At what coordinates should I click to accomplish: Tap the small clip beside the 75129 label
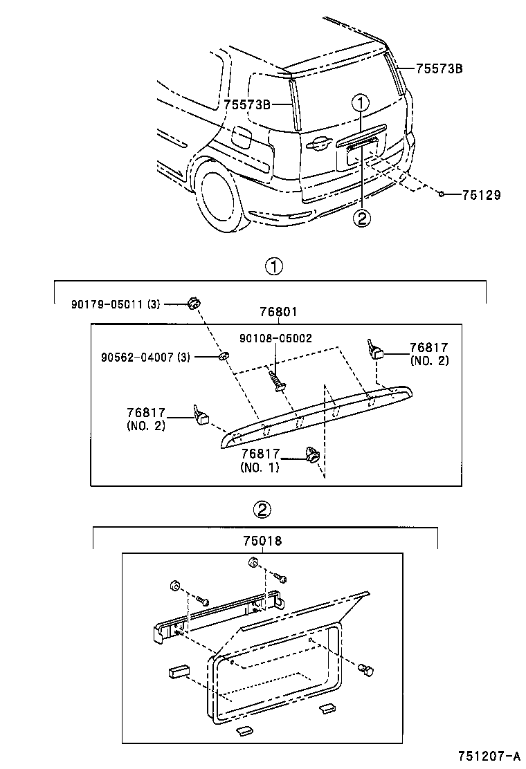(441, 194)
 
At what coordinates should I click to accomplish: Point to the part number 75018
(264, 542)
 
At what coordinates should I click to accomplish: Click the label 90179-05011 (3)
(115, 303)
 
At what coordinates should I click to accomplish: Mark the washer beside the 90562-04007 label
(225, 356)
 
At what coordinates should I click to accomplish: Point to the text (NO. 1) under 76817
(260, 467)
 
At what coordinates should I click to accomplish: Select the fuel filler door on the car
(241, 136)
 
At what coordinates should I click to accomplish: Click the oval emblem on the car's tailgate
(318, 144)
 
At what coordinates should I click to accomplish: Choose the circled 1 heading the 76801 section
(275, 266)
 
